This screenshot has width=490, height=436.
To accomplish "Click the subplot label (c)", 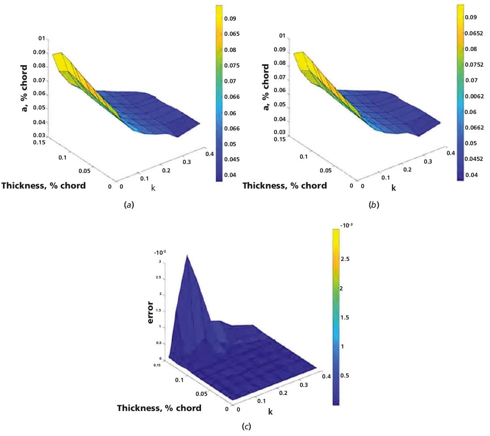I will click(x=246, y=426).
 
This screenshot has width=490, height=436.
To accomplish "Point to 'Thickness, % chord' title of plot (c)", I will click(x=159, y=407).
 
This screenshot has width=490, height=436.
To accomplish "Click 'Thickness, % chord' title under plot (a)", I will click(x=44, y=185).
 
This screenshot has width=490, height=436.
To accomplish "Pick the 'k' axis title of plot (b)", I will click(x=394, y=188).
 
